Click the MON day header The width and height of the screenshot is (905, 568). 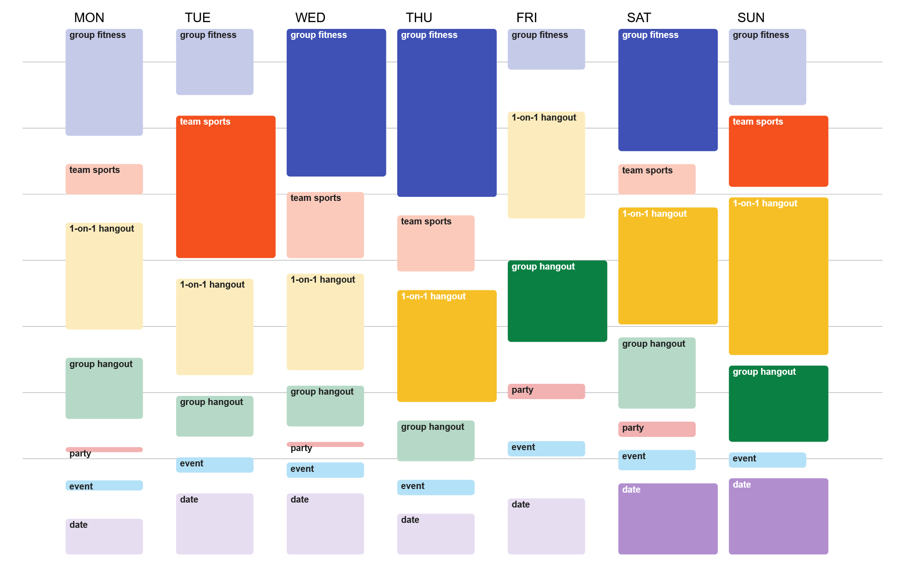click(89, 18)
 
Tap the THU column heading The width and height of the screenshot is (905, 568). click(419, 18)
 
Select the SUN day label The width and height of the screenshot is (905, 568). click(751, 18)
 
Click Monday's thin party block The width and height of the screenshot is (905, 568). click(104, 450)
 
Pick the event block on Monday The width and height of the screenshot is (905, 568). click(104, 485)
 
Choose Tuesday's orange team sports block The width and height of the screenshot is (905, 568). click(226, 187)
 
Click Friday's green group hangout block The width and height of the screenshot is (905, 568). click(557, 301)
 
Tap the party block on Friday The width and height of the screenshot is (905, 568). click(546, 391)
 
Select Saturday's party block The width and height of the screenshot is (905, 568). click(657, 429)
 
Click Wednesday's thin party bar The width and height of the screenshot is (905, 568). click(325, 445)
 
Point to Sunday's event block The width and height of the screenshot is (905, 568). click(767, 460)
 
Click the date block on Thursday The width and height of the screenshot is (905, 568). click(436, 534)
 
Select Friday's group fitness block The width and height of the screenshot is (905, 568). click(546, 49)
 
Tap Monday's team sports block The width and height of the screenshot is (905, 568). click(104, 179)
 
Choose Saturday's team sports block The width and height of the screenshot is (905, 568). click(657, 179)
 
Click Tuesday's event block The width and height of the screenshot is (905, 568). click(214, 465)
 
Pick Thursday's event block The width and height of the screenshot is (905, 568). click(436, 487)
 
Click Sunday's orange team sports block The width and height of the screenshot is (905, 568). click(778, 151)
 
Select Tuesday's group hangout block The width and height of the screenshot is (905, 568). click(214, 416)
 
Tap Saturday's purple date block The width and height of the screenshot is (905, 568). click(668, 519)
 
